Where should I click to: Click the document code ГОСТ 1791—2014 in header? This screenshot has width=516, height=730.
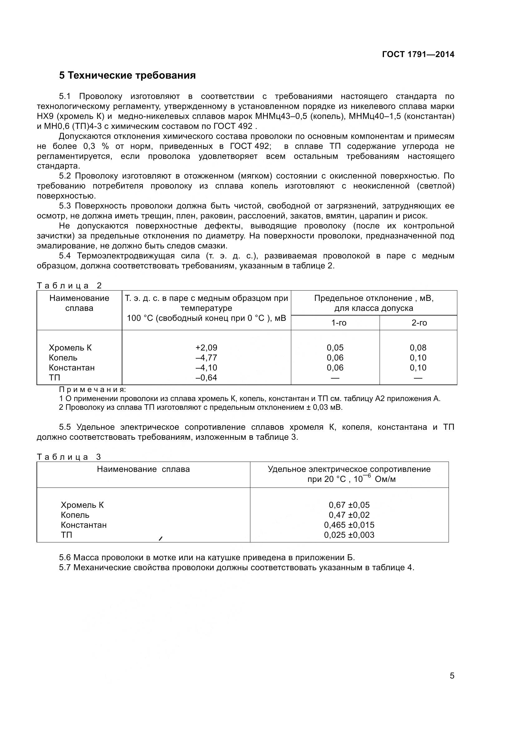click(x=418, y=54)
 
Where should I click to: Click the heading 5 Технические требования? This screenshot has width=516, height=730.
click(x=127, y=76)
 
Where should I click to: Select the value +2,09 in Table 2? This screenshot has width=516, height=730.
click(x=206, y=347)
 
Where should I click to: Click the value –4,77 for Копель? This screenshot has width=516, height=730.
click(x=206, y=358)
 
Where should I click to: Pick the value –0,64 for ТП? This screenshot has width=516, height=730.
click(x=206, y=378)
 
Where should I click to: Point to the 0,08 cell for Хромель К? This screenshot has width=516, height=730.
click(x=418, y=347)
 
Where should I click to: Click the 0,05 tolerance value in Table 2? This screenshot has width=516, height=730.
click(x=335, y=347)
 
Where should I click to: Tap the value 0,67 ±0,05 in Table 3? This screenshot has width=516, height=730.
click(x=349, y=505)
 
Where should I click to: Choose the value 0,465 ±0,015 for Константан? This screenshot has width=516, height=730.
click(x=349, y=525)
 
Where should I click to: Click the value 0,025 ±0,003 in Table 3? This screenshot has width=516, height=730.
click(x=349, y=535)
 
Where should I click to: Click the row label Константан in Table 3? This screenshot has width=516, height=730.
click(x=84, y=525)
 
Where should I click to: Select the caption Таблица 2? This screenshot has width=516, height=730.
click(x=69, y=286)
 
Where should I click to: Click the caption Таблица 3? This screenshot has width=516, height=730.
click(x=69, y=457)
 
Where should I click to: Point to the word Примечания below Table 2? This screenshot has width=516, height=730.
click(x=92, y=389)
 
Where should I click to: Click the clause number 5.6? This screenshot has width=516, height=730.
click(x=65, y=557)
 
